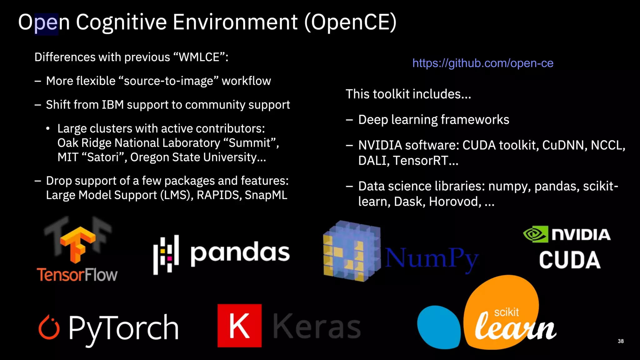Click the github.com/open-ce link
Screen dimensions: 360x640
click(x=483, y=63)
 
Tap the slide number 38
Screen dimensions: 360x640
click(x=621, y=341)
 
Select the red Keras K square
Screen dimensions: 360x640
click(x=239, y=326)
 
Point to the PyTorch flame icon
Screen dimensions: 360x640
click(x=49, y=327)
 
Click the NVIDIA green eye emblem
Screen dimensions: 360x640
click(x=536, y=234)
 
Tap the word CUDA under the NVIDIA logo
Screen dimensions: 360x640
click(x=570, y=260)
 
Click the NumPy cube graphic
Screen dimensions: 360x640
click(x=352, y=252)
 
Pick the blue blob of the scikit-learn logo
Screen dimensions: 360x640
click(x=438, y=327)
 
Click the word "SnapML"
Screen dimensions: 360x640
click(x=266, y=195)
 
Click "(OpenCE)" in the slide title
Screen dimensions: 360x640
click(x=350, y=22)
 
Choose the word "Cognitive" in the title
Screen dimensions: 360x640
click(x=121, y=22)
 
